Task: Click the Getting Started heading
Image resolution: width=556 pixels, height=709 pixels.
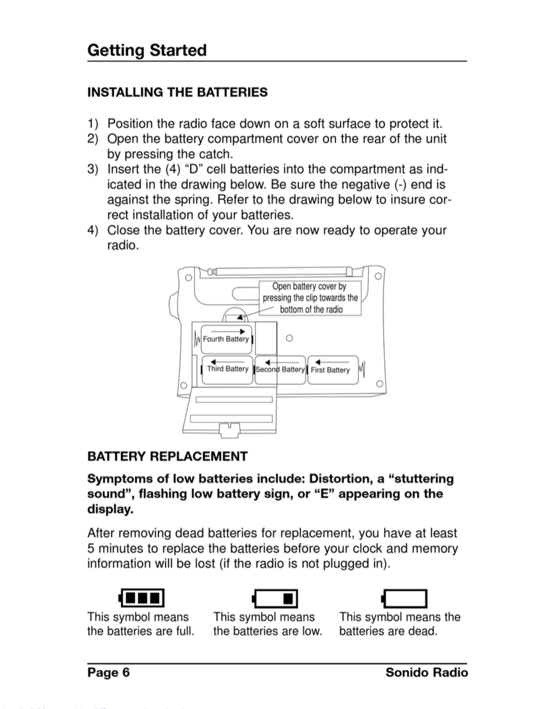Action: (x=147, y=50)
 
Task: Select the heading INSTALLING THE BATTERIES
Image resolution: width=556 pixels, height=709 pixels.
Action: (x=177, y=92)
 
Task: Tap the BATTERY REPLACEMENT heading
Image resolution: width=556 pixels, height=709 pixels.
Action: (x=167, y=456)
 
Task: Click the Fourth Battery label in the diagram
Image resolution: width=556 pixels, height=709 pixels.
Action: (x=226, y=339)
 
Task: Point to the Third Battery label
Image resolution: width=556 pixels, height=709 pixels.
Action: (x=228, y=369)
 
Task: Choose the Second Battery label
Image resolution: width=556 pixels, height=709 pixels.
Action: (x=280, y=370)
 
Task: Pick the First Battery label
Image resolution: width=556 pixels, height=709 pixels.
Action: (x=330, y=370)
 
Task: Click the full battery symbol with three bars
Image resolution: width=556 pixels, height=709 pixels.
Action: (x=142, y=598)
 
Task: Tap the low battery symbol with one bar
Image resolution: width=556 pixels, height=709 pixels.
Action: (x=275, y=598)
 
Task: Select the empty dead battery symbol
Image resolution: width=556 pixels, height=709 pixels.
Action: (x=404, y=598)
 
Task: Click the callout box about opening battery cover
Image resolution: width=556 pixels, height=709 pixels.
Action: (x=310, y=298)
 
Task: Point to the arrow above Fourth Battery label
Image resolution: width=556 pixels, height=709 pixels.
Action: (x=228, y=332)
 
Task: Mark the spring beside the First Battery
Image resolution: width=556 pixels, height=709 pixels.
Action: (x=362, y=369)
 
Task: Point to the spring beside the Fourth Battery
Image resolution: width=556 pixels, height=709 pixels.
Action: (x=197, y=339)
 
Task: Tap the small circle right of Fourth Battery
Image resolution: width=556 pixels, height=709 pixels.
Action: (x=289, y=338)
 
